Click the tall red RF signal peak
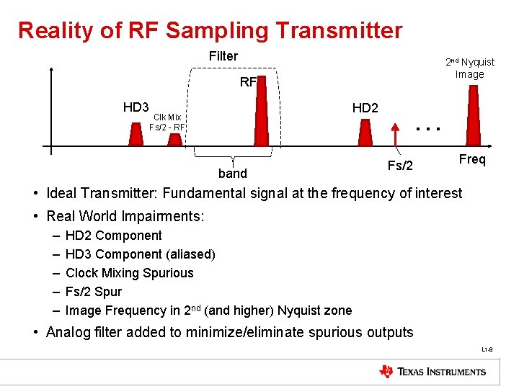(x=261, y=115)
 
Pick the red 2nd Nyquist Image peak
(x=473, y=115)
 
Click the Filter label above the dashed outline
(x=223, y=56)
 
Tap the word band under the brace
(x=232, y=174)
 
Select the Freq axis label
(x=472, y=159)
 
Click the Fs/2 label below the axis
(x=400, y=166)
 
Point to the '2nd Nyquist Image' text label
(x=469, y=68)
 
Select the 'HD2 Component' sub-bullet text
(x=113, y=236)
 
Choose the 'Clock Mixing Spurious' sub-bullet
(x=129, y=273)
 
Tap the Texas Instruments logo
(x=432, y=372)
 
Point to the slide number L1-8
(x=487, y=350)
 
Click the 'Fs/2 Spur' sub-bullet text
(x=93, y=292)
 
